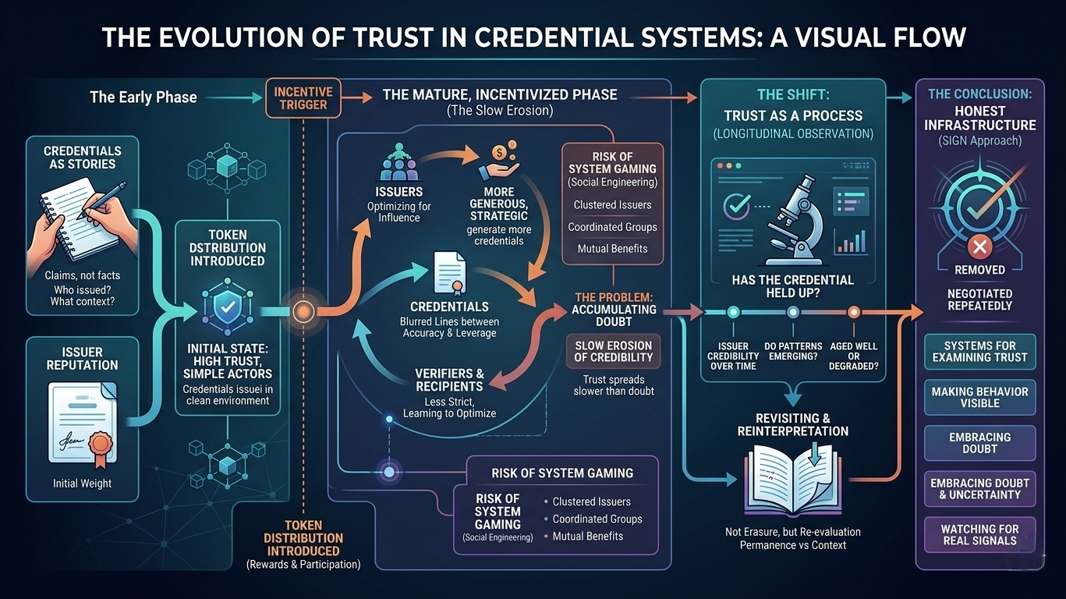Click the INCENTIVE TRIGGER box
(303, 98)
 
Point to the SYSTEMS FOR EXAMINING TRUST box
(979, 351)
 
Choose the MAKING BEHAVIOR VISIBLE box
(979, 397)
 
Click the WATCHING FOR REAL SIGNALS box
(979, 534)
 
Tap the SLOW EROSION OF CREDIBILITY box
(614, 352)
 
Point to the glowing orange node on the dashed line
(302, 312)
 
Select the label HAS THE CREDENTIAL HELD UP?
(792, 287)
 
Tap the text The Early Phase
(143, 97)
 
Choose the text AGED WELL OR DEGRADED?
(854, 356)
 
